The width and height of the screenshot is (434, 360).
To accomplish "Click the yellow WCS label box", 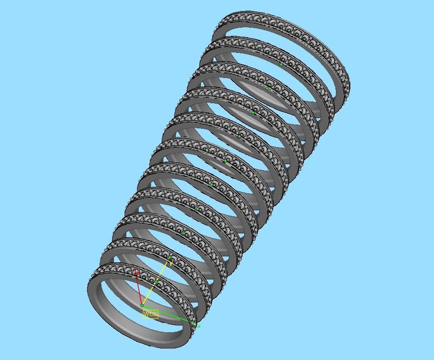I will click(150, 314).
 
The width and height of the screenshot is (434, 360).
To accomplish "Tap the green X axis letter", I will click(199, 327).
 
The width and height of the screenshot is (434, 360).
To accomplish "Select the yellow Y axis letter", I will click(172, 264).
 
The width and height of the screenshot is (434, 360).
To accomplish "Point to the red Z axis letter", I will click(137, 272).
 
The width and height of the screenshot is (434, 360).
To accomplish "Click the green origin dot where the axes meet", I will click(142, 305).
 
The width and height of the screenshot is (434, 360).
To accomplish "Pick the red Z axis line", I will click(139, 289).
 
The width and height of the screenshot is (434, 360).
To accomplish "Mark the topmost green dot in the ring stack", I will click(281, 64).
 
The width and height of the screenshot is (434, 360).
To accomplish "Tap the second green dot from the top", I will click(267, 88).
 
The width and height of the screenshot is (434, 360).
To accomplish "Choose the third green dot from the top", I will click(253, 112).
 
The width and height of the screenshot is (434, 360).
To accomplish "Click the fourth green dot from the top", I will click(239, 136).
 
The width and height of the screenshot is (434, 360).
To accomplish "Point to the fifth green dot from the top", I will click(225, 161).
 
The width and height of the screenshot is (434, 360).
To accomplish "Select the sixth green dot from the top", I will click(212, 185).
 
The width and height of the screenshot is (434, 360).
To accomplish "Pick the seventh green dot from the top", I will click(198, 209).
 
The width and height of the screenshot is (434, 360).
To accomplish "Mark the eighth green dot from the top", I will click(184, 233).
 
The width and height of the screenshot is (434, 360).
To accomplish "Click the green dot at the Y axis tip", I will click(170, 257).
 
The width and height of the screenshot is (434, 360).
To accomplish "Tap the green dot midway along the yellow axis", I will click(156, 282).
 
